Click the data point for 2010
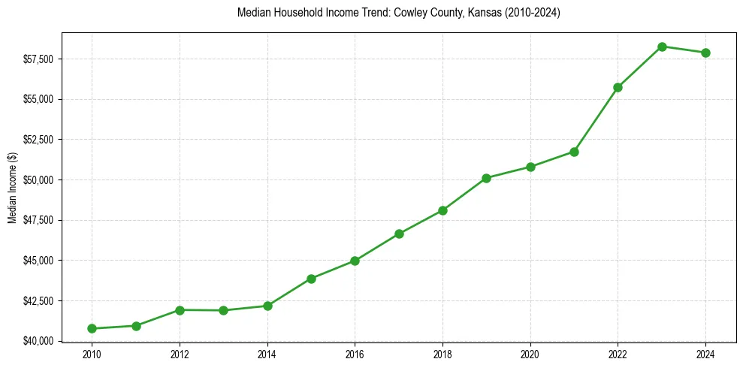pyautogui.click(x=92, y=328)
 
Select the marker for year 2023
pyautogui.click(x=662, y=47)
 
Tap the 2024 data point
pyautogui.click(x=705, y=53)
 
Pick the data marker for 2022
pyautogui.click(x=618, y=87)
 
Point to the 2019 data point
pyautogui.click(x=486, y=178)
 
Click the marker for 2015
pyautogui.click(x=311, y=279)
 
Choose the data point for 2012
pyautogui.click(x=180, y=310)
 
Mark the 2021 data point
pyautogui.click(x=574, y=152)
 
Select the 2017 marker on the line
pyautogui.click(x=399, y=234)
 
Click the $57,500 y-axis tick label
pyautogui.click(x=40, y=59)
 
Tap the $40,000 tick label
pyautogui.click(x=40, y=341)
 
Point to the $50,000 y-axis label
pyautogui.click(x=40, y=180)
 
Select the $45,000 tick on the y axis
pyautogui.click(x=40, y=261)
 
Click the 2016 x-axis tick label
pyautogui.click(x=355, y=354)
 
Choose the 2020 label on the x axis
pyautogui.click(x=530, y=354)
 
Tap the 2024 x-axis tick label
pyautogui.click(x=705, y=354)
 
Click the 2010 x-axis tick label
pyautogui.click(x=92, y=354)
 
